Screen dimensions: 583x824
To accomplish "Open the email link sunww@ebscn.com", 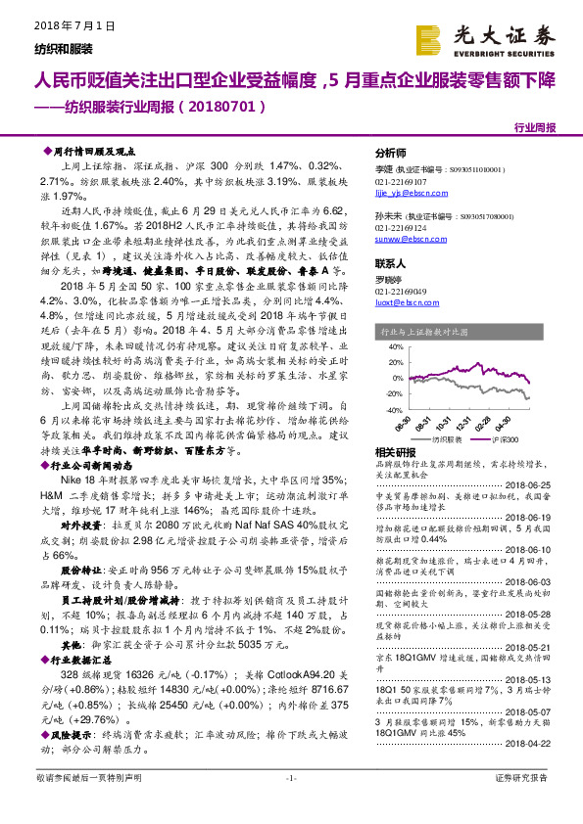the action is click(410, 238).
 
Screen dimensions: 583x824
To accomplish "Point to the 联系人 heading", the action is click(390, 264).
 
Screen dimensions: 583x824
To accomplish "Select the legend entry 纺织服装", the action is click(437, 438).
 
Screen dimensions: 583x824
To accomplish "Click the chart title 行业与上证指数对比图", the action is click(424, 333).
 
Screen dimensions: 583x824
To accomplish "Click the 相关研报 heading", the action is click(394, 452).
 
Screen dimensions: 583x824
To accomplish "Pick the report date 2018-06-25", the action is click(532, 483).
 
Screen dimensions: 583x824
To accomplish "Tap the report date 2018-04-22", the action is click(532, 743).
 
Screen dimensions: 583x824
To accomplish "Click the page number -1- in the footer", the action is click(291, 778).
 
